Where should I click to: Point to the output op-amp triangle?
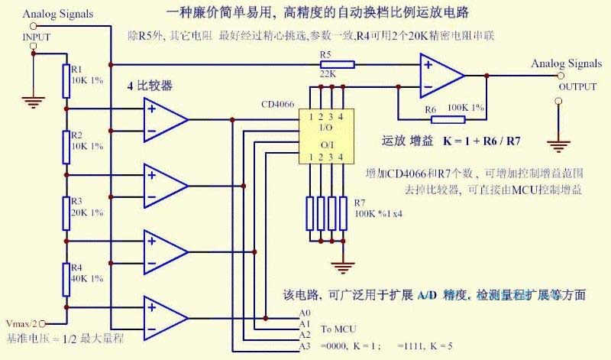pos(441,76)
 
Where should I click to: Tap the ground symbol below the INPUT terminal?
pos(33,97)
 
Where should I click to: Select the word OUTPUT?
pos(577,86)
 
